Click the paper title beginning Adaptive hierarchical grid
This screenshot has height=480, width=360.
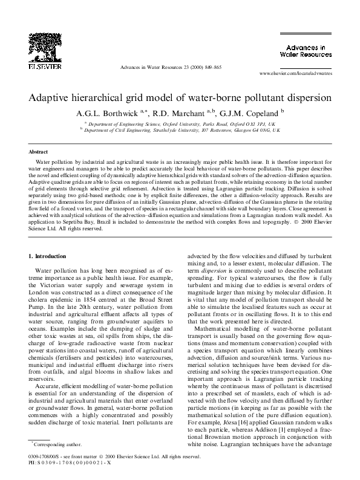point(180,97)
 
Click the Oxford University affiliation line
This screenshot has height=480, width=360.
point(182,122)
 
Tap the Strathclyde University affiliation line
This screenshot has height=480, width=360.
point(182,129)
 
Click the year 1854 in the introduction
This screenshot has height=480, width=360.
point(105,297)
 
